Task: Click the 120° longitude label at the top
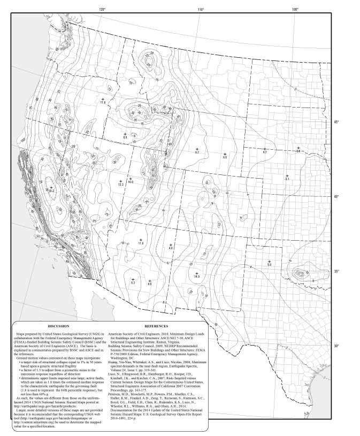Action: click(102, 9)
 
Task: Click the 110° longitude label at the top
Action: click(201, 9)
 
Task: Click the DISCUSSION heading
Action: click(59, 325)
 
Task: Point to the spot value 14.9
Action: click(196, 276)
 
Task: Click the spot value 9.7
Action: click(197, 152)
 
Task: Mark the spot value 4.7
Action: click(264, 152)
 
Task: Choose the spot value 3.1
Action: click(287, 179)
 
